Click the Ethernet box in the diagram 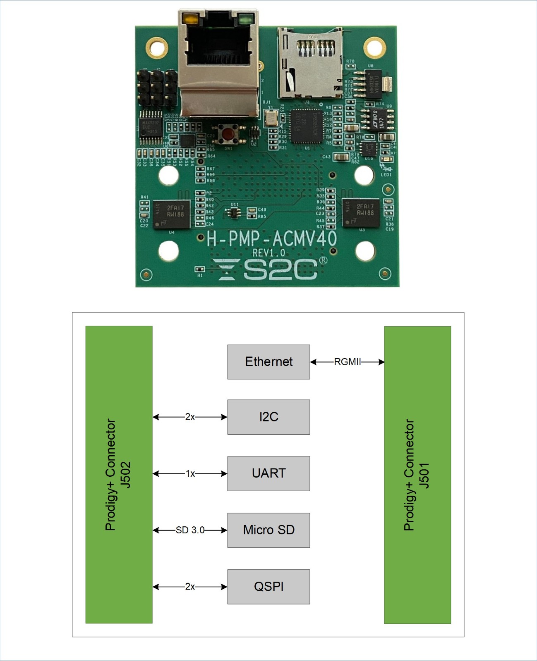(x=268, y=362)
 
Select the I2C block (x=268, y=417)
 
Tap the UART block (x=268, y=473)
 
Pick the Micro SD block (x=268, y=530)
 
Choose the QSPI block (x=268, y=587)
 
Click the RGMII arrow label (x=347, y=362)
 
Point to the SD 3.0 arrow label (x=190, y=530)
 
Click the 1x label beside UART (x=190, y=473)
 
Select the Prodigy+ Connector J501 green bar (x=417, y=475)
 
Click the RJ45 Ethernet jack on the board (x=218, y=62)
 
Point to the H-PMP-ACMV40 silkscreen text (x=272, y=239)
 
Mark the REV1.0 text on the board (x=268, y=252)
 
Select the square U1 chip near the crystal (x=307, y=126)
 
